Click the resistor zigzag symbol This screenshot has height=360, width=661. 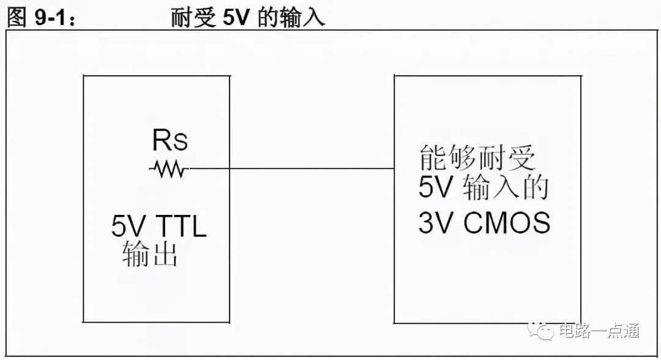(169, 169)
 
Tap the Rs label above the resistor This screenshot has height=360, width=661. (170, 140)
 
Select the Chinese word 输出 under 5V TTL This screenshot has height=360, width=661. (150, 253)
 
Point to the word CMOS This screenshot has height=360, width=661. (507, 222)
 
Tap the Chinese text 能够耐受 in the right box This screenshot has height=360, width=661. (477, 157)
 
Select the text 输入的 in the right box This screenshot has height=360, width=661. (506, 187)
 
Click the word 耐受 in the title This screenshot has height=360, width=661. (193, 18)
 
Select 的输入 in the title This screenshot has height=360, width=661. (291, 18)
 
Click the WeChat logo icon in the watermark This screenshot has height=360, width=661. (540, 331)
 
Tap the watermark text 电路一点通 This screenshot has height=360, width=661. (599, 331)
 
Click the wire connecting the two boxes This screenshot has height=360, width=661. (291, 169)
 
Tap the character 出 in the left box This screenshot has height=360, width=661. (164, 253)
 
